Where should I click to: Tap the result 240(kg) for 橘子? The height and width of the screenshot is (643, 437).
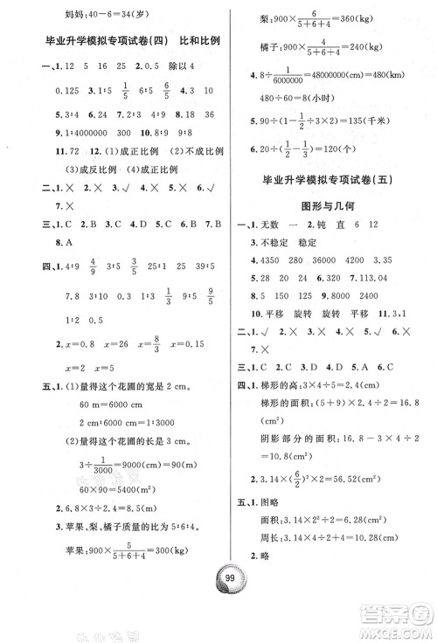[376, 51]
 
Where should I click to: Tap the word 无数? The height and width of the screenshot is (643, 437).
[268, 252]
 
